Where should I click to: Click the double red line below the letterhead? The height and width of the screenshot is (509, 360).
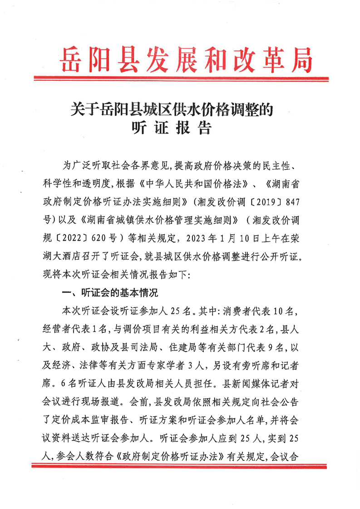pos(180,81)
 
